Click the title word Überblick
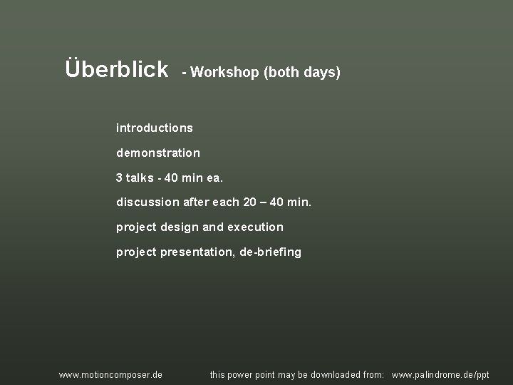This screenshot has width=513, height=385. click(117, 69)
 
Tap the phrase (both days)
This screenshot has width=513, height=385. click(302, 73)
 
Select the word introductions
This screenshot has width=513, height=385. click(155, 128)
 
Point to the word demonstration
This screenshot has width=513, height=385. click(158, 153)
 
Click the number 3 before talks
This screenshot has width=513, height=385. click(119, 178)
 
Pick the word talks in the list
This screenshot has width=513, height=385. click(140, 178)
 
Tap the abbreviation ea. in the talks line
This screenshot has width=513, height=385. click(214, 178)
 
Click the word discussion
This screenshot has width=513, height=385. click(148, 202)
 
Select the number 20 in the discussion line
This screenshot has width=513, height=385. click(250, 202)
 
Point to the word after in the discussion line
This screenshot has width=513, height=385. click(197, 202)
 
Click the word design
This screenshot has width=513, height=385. click(180, 227)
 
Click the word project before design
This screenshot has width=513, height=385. click(136, 227)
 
